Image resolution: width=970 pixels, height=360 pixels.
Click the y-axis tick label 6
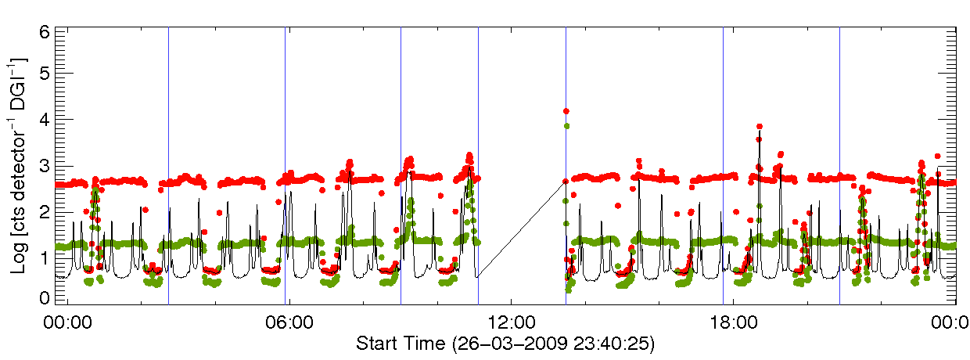click(x=46, y=32)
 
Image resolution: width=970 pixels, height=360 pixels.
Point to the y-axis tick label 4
click(x=46, y=120)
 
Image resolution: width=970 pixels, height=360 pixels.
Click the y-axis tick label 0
click(x=46, y=297)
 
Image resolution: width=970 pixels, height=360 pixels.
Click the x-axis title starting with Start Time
click(x=505, y=344)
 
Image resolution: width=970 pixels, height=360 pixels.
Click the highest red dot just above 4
click(x=566, y=111)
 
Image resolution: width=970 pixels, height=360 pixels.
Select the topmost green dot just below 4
click(x=566, y=125)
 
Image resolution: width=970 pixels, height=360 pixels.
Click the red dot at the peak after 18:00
click(x=759, y=126)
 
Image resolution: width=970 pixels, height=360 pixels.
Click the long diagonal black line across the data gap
click(x=522, y=228)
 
